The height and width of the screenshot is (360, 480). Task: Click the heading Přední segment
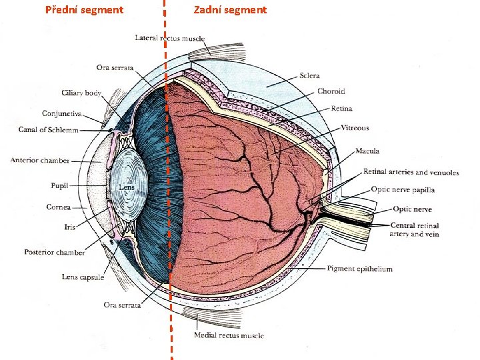pos(84,10)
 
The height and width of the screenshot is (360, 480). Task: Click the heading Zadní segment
pos(230,10)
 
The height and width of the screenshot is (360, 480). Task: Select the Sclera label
pos(309,76)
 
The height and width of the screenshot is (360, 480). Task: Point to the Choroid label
pos(331,91)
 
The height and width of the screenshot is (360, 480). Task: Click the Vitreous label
pos(355,128)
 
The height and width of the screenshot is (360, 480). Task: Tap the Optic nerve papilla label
pos(403,189)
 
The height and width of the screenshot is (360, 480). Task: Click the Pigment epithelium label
pos(359,269)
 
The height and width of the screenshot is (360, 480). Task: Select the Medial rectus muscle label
pos(229,335)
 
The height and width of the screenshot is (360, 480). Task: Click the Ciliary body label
pos(81,93)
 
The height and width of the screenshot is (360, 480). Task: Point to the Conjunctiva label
pos(62,113)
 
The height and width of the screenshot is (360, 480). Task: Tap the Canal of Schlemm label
pos(49,129)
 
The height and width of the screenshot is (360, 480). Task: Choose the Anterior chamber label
pos(40,161)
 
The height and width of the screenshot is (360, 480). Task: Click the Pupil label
pos(58,185)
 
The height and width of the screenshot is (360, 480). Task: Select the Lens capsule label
pos(83,277)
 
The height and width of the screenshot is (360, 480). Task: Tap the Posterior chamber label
pos(55,253)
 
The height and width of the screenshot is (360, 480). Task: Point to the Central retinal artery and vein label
pos(415,230)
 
